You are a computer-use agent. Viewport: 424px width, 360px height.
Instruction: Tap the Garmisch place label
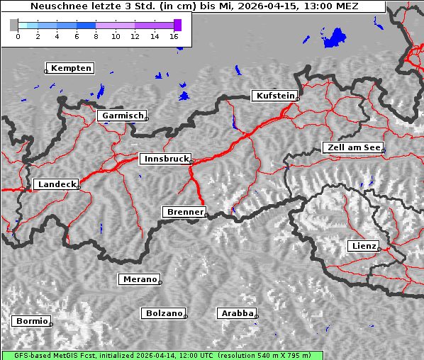coord(123,115)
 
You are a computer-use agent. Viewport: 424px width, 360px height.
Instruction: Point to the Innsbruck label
coord(165,159)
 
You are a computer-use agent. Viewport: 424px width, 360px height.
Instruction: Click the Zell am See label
coord(353,147)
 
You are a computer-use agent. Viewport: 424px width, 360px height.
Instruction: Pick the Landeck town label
coord(57,184)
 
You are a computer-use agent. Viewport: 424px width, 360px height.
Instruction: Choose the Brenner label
coord(185,212)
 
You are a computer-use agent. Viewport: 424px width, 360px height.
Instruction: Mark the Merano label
coord(140,279)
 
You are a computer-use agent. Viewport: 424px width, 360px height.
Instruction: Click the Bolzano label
coord(164,313)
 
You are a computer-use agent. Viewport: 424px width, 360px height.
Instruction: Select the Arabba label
coord(237,313)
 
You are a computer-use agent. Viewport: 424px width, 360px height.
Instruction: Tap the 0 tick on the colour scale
coord(18,36)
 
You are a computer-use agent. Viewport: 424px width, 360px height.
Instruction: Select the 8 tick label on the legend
coord(96,36)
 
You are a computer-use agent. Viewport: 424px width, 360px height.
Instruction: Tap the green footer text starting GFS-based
coord(162,355)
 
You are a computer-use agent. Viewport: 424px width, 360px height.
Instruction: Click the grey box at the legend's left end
coord(13,25)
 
